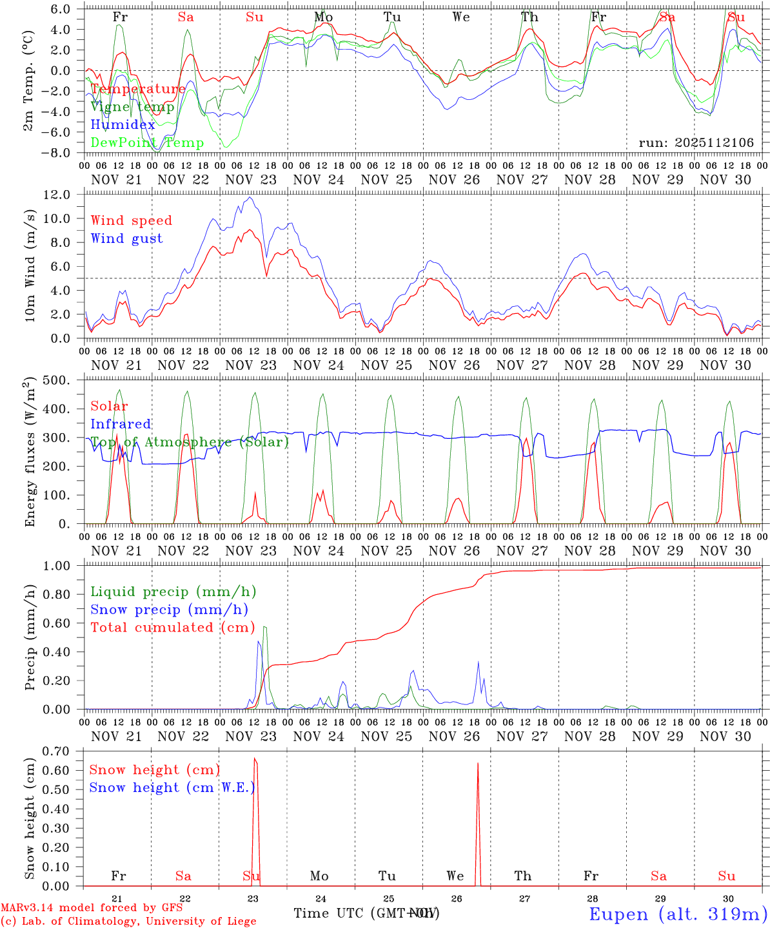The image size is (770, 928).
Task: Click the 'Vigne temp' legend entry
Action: [x=132, y=107]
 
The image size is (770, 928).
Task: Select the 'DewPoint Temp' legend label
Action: [x=147, y=143]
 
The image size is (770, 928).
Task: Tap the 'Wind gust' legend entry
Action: [x=126, y=238]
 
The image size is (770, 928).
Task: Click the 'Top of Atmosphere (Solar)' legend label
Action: [x=190, y=442]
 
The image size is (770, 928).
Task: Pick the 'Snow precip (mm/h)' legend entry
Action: [x=169, y=610]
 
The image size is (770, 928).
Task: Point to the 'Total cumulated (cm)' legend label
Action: [x=172, y=627]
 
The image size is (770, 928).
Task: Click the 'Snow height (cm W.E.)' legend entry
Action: [x=172, y=788]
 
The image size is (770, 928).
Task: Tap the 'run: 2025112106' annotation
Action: [x=696, y=143]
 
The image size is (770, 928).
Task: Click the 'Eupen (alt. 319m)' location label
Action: [x=678, y=914]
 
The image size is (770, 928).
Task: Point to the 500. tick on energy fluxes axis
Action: [x=60, y=380]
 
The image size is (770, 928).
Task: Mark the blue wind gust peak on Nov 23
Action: [x=250, y=197]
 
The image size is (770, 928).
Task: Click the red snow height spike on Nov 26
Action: [x=477, y=764]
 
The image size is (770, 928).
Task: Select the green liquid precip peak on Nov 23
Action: [x=264, y=626]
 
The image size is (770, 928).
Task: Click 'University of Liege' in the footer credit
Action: [x=201, y=922]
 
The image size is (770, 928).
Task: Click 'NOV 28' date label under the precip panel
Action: [x=589, y=736]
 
